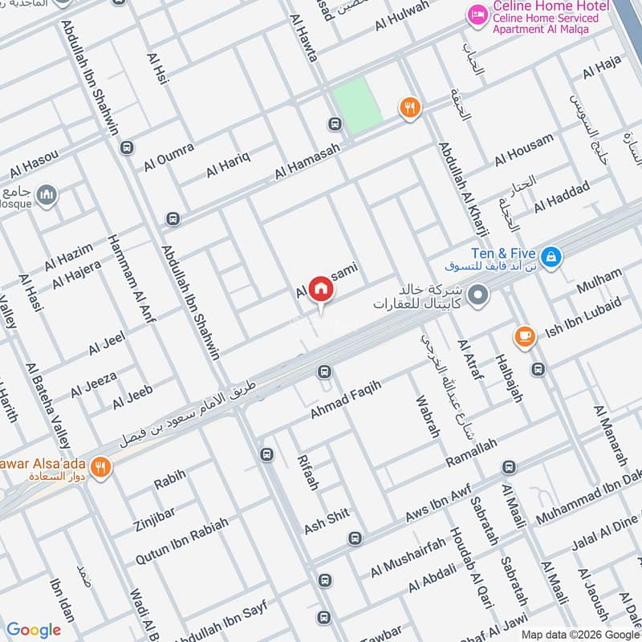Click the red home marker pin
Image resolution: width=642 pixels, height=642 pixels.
[321, 289]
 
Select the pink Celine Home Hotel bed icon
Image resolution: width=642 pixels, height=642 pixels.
[478, 15]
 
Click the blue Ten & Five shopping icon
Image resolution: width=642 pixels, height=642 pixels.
[551, 257]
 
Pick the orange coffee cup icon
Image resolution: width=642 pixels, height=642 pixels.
[525, 337]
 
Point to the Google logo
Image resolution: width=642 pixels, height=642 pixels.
[34, 630]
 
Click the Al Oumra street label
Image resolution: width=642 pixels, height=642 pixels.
[169, 156]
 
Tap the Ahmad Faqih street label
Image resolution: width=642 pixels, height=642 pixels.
[345, 400]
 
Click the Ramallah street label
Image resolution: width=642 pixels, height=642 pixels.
[471, 454]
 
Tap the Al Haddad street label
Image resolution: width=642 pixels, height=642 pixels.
[562, 193]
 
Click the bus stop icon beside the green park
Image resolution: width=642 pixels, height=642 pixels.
[335, 124]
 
